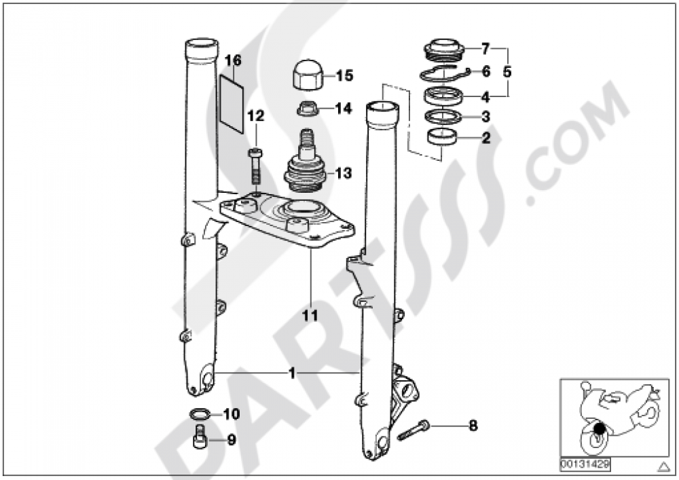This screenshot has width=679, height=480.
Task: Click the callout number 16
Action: [233, 60]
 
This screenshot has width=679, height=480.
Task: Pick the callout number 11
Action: [310, 315]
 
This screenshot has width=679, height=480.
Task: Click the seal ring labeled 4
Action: [442, 96]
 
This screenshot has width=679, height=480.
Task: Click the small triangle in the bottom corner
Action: [663, 466]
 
